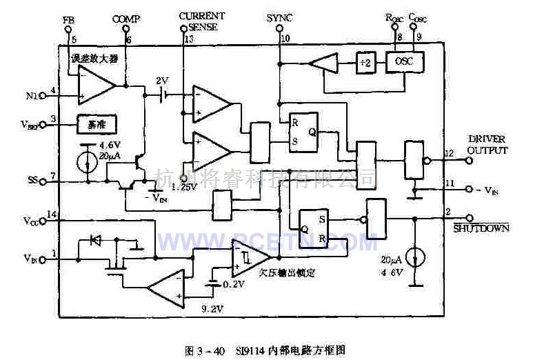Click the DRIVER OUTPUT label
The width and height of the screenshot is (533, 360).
pyautogui.click(x=487, y=145)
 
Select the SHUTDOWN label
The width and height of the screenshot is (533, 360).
pyautogui.click(x=481, y=228)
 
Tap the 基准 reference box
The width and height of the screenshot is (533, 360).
pyautogui.click(x=96, y=124)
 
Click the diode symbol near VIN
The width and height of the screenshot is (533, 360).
pyautogui.click(x=97, y=241)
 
